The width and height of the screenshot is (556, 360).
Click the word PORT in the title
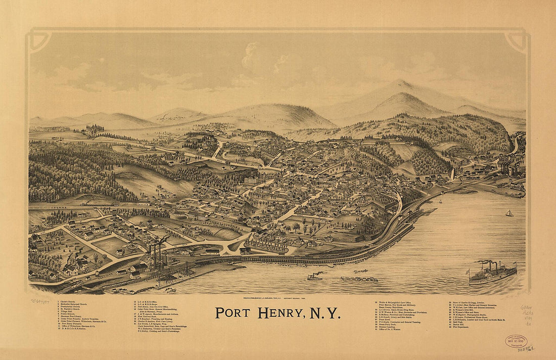pos(233,313)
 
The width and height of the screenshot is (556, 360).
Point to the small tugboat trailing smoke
pos(314,277)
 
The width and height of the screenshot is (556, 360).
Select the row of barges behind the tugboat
pos(359,279)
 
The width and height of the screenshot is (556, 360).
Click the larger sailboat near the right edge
pos(509,213)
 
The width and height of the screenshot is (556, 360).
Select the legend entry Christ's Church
pos(68,301)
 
